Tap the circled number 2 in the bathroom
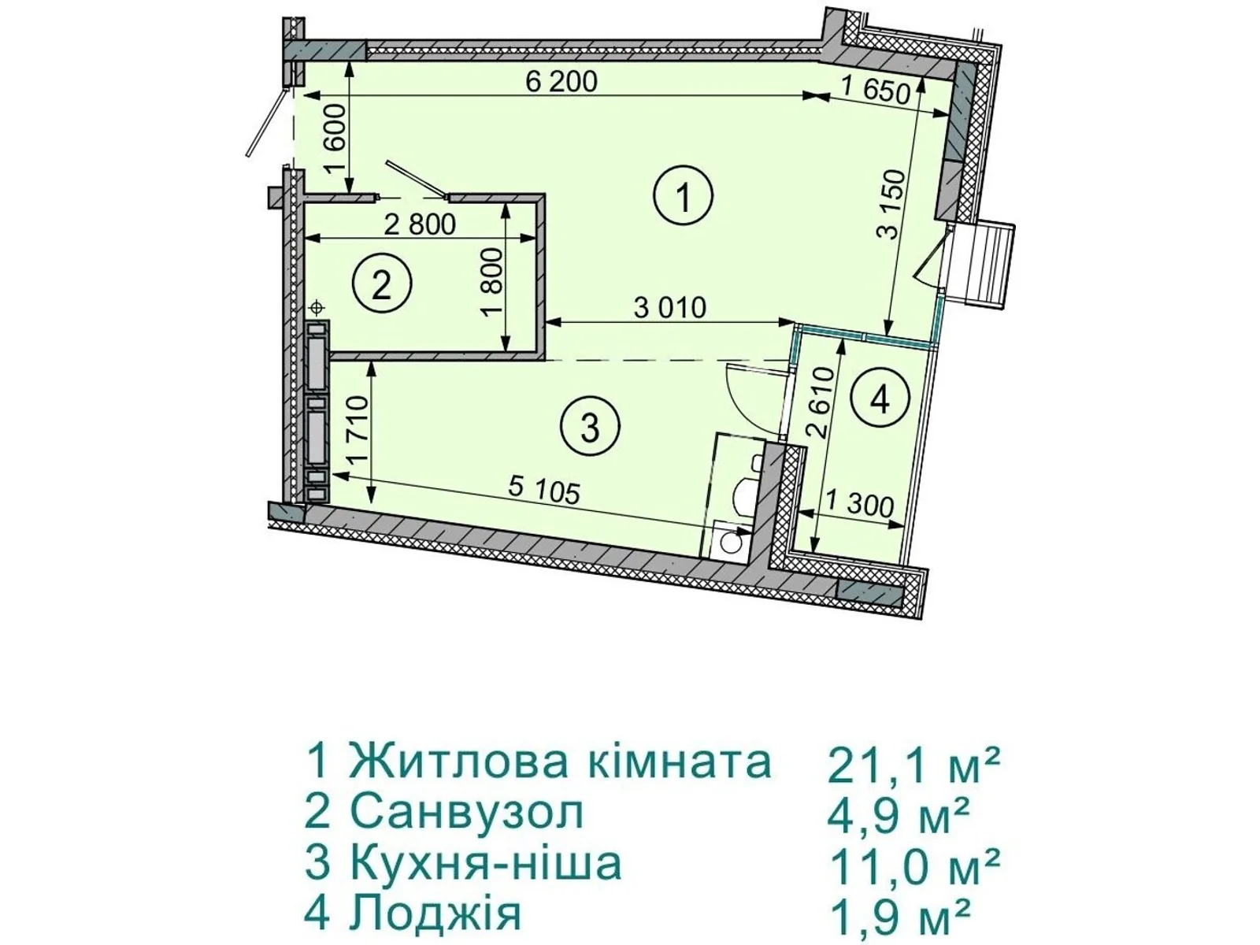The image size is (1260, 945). [x=382, y=285]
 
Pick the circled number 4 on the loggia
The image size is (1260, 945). [x=880, y=399]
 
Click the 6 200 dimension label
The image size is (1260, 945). [x=561, y=81]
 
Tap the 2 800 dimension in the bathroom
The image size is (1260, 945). [x=420, y=224]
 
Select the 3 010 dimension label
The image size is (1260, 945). [x=670, y=307]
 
